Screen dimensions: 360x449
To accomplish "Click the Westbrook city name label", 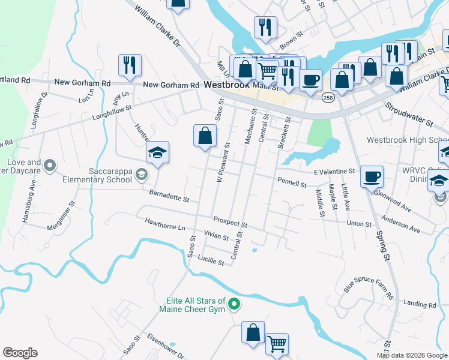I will (226, 85).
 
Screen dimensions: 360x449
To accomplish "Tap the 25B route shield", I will (327, 97).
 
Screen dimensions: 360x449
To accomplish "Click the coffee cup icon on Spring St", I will (372, 176).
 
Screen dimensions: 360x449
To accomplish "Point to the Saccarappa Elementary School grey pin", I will (142, 175).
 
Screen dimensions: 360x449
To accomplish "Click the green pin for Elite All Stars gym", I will (235, 305).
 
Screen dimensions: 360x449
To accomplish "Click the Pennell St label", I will (292, 181).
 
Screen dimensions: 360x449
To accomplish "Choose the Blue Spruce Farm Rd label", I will (368, 288).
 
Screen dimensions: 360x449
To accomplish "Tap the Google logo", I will (20, 353).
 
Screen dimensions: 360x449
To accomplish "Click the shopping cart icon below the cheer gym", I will (277, 344).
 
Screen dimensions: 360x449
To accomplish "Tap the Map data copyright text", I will (411, 355).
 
